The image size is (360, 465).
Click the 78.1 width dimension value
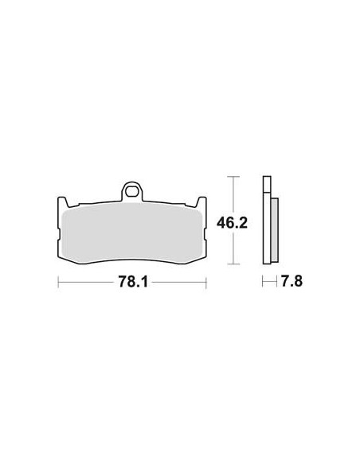[131, 282]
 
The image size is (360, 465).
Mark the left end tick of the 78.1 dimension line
[57, 282]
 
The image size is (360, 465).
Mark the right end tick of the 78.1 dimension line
[206, 282]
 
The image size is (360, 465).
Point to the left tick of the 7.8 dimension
[264, 282]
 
